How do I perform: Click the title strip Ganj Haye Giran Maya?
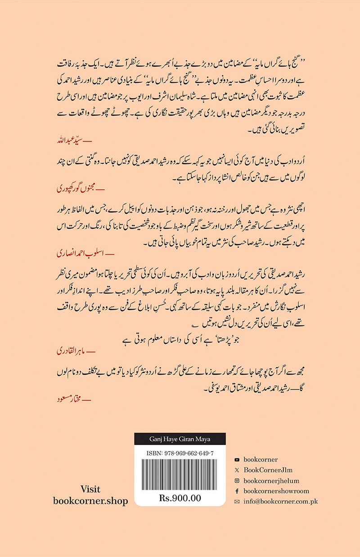click(x=180, y=439)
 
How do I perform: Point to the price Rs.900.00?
click(x=180, y=498)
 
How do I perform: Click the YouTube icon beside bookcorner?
click(x=237, y=460)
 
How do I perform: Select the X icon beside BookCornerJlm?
click(x=237, y=470)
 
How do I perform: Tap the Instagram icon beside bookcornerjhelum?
click(x=237, y=480)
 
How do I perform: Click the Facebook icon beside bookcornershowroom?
click(x=237, y=491)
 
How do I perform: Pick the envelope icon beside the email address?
click(x=237, y=501)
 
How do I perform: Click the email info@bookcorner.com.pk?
click(x=280, y=501)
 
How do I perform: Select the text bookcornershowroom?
click(x=276, y=491)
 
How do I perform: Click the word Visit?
click(x=90, y=489)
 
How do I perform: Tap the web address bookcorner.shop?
click(x=90, y=501)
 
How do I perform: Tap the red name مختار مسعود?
click(x=67, y=399)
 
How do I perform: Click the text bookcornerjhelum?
click(x=271, y=480)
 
